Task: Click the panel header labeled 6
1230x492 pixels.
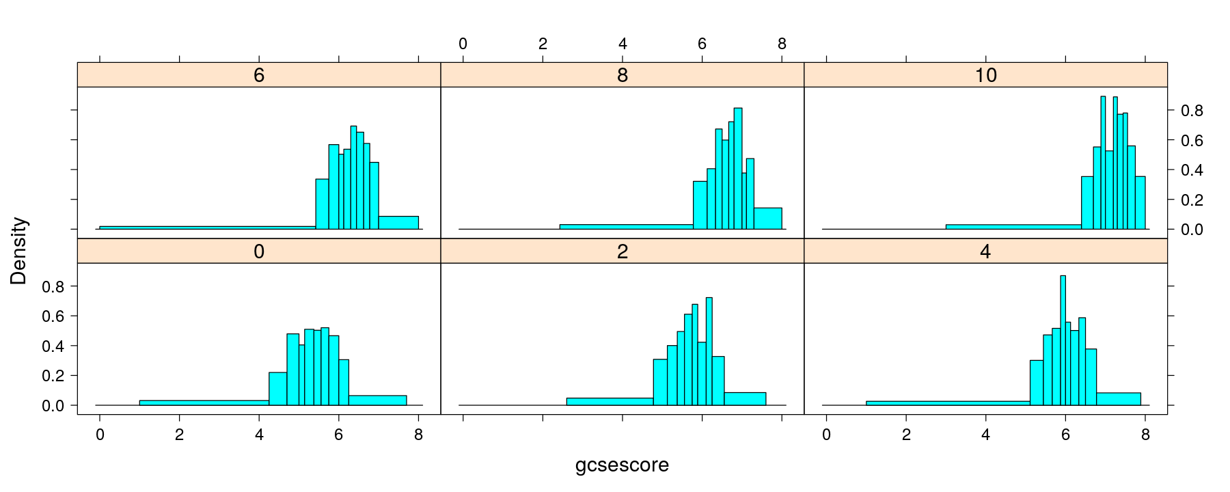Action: click(259, 75)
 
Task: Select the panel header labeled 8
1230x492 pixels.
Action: click(622, 75)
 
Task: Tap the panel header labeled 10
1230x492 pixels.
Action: click(985, 75)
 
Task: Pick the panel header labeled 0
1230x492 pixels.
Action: click(259, 251)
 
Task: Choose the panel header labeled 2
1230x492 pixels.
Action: click(622, 251)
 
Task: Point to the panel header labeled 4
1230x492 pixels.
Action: click(985, 251)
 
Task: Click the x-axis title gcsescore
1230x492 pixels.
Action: click(622, 465)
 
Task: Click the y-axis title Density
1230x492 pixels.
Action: click(18, 251)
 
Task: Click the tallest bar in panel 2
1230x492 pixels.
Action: click(709, 351)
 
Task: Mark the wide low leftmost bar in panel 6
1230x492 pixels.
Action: click(207, 227)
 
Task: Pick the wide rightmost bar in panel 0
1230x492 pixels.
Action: click(377, 400)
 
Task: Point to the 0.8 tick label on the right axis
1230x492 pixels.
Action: click(1192, 111)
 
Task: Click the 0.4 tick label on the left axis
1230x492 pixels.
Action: click(53, 346)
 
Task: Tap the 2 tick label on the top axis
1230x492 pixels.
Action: click(543, 44)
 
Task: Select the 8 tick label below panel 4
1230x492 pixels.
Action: click(1145, 435)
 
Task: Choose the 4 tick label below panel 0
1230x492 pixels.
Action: click(259, 435)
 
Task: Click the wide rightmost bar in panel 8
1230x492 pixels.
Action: click(768, 218)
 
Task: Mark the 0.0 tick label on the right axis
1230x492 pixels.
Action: click(1192, 230)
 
